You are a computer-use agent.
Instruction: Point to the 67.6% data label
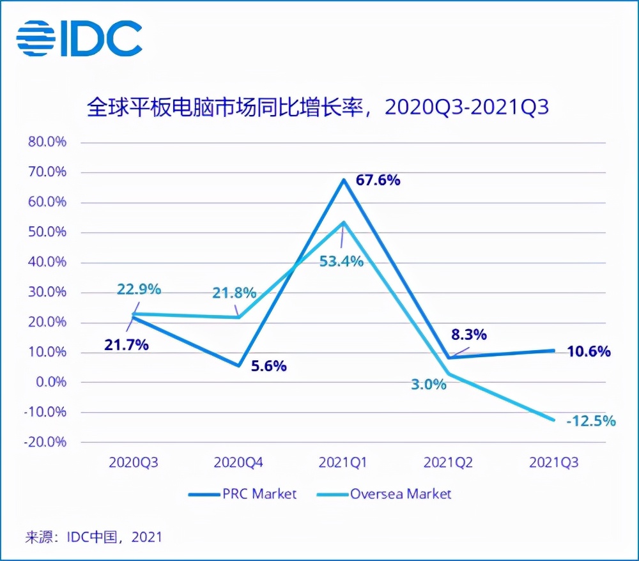pyautogui.click(x=378, y=180)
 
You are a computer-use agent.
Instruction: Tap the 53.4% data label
pyautogui.click(x=342, y=261)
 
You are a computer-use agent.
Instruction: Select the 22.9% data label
pyautogui.click(x=138, y=289)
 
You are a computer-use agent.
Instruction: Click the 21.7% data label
pyautogui.click(x=127, y=345)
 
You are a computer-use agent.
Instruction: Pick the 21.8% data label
pyautogui.click(x=235, y=293)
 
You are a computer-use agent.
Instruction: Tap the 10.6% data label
pyautogui.click(x=589, y=351)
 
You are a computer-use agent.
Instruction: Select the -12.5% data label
pyautogui.click(x=590, y=420)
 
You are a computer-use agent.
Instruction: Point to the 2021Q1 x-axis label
pyautogui.click(x=343, y=463)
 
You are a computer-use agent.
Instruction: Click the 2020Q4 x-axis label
pyautogui.click(x=238, y=463)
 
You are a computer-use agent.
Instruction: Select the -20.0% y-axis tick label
pyautogui.click(x=47, y=442)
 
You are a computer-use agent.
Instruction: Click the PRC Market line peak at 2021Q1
pyautogui.click(x=344, y=180)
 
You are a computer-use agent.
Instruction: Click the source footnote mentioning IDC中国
pyautogui.click(x=94, y=537)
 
